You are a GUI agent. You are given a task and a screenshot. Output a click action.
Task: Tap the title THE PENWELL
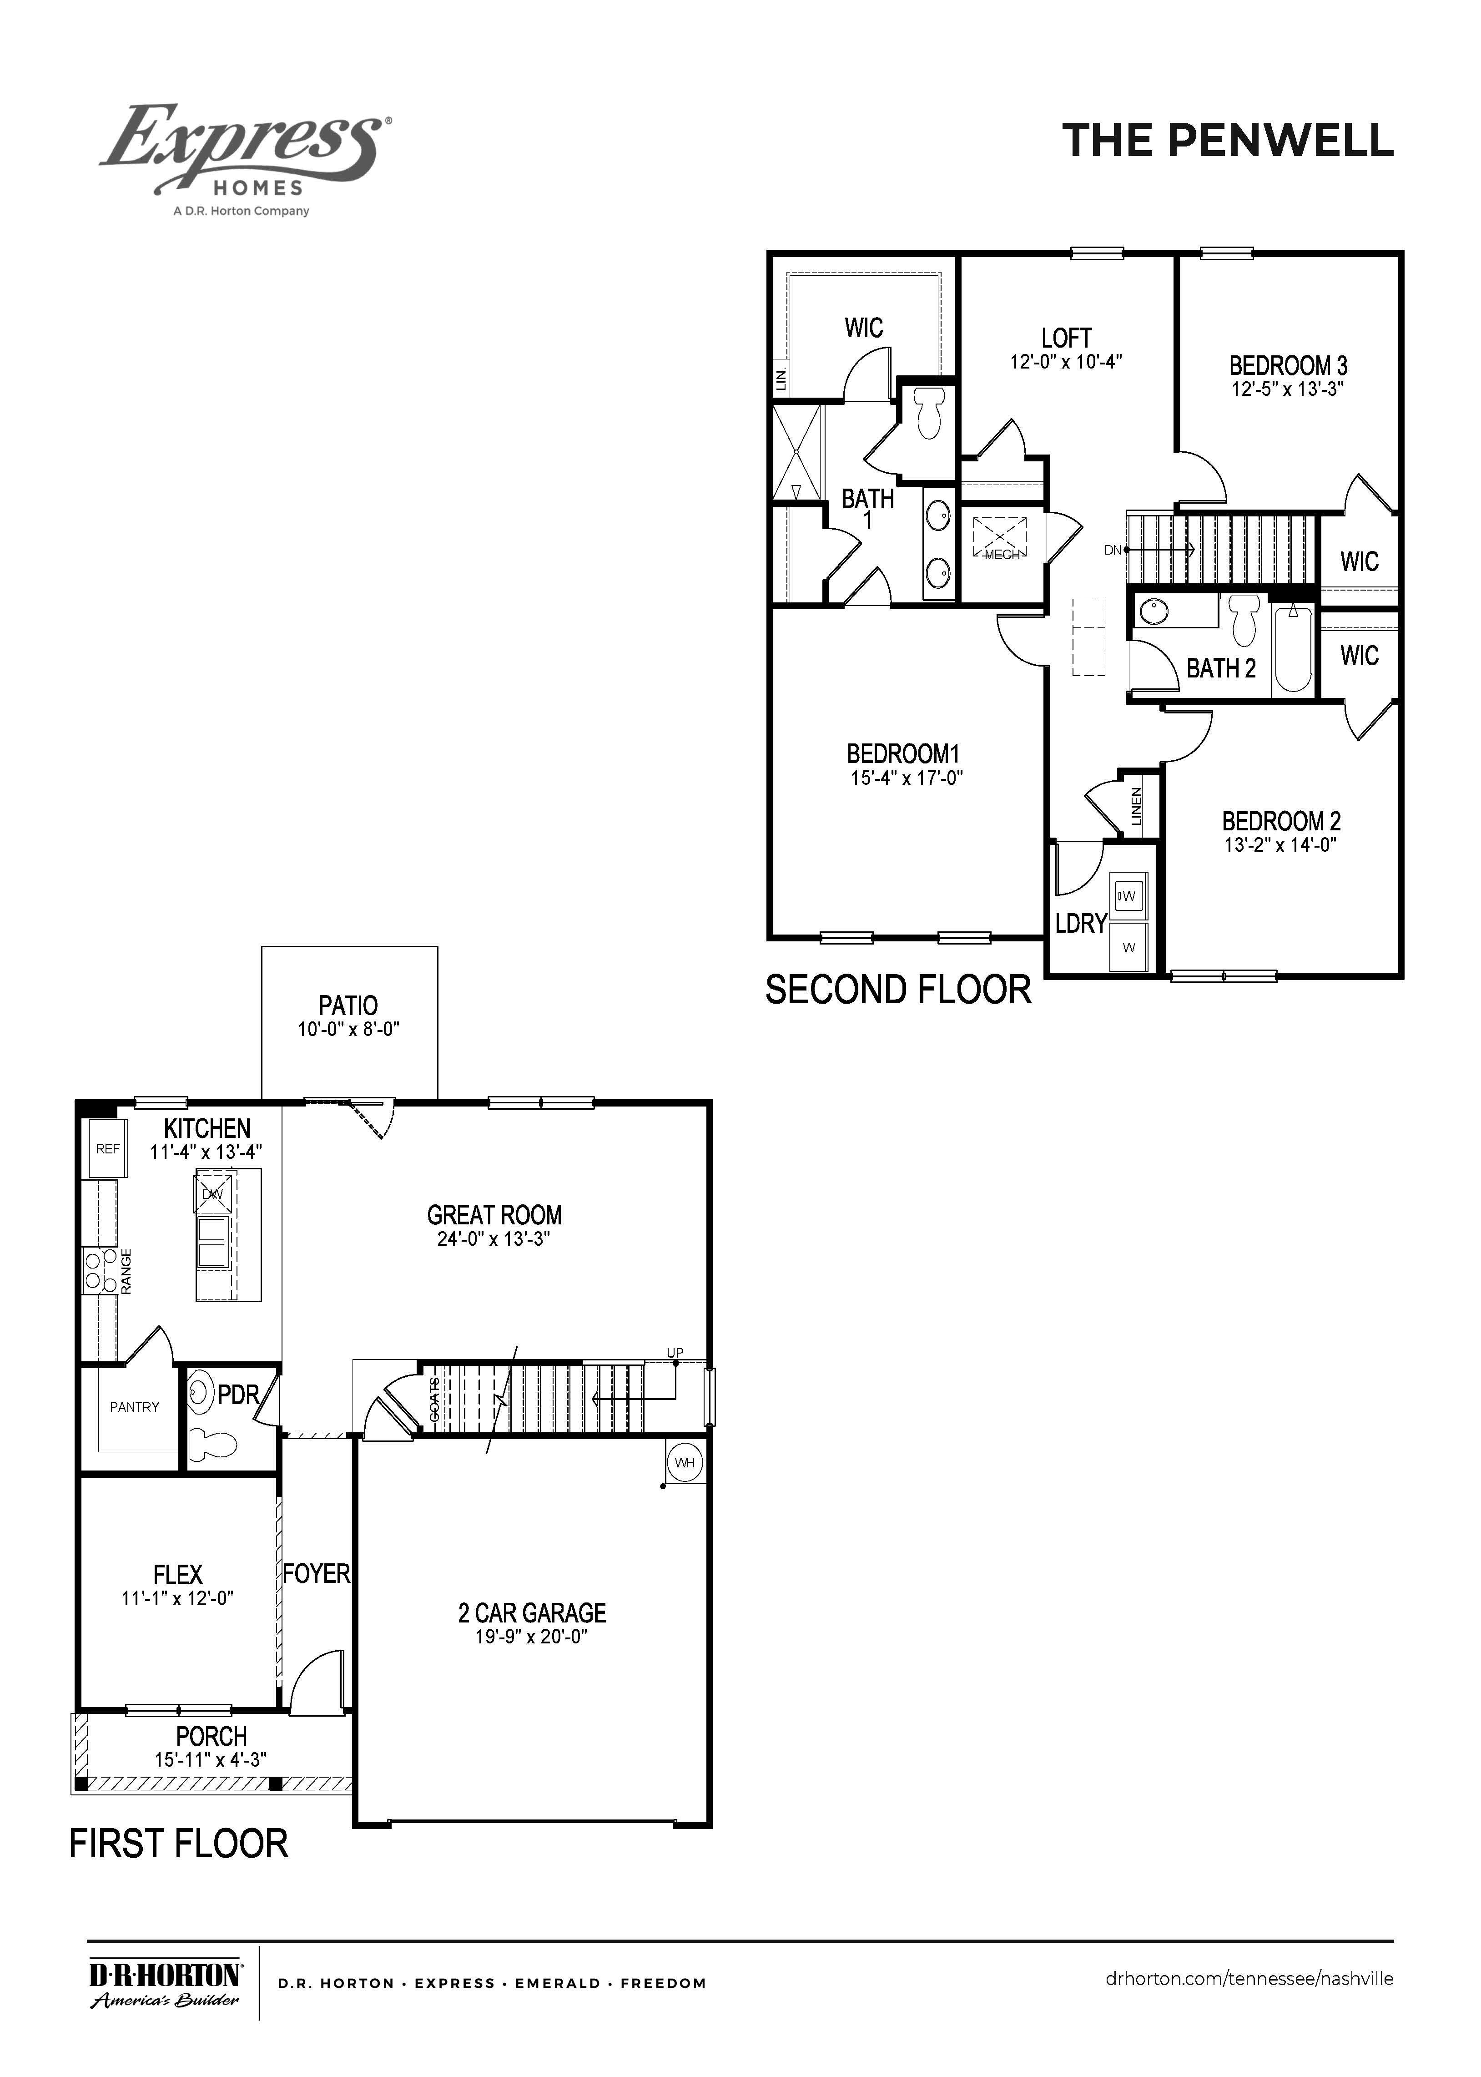click(1228, 141)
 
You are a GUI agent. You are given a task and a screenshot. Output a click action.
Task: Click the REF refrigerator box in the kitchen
click(108, 1149)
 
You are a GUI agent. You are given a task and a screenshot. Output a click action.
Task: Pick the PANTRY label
click(134, 1407)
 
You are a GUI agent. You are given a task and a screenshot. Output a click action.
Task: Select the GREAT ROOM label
click(494, 1215)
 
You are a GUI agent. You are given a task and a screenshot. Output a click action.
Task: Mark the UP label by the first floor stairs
click(675, 1353)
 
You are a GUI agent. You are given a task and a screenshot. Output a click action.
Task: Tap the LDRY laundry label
click(1081, 924)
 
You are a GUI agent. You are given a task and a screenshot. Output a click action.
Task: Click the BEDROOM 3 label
click(1288, 366)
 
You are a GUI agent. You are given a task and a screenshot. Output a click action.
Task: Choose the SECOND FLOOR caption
click(898, 990)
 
